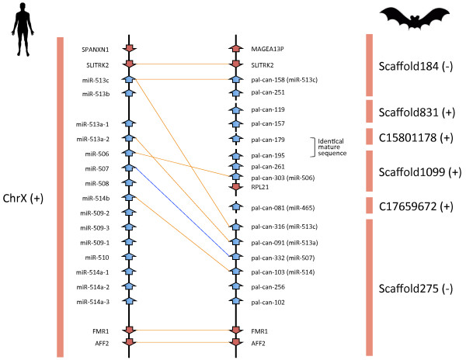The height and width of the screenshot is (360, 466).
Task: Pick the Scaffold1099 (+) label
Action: [x=412, y=170]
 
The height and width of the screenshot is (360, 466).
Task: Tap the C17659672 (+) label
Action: [x=412, y=207]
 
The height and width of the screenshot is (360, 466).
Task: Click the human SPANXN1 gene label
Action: [x=96, y=50]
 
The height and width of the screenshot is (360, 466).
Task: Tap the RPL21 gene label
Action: [x=260, y=187]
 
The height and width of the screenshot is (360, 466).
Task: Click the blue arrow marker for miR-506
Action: [x=130, y=153]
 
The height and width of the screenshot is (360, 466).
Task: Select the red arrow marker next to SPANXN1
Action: [x=130, y=50]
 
